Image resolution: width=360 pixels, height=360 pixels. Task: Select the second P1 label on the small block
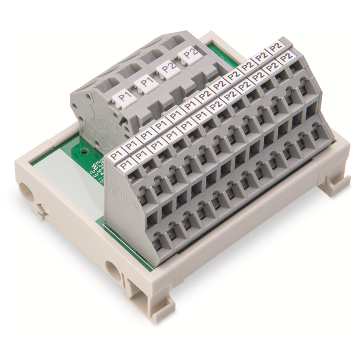point(146,84)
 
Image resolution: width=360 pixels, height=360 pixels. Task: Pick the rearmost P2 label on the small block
point(189,55)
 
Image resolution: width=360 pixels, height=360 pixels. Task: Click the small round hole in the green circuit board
point(84,151)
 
